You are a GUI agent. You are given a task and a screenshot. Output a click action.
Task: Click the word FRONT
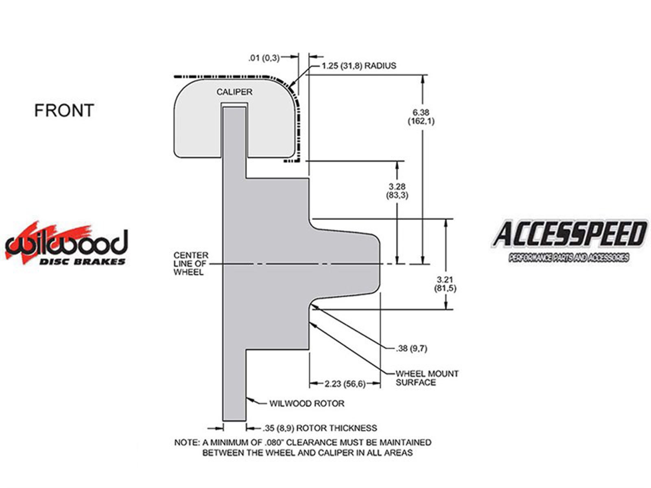64,110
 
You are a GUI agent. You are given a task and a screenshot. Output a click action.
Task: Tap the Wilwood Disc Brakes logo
66,243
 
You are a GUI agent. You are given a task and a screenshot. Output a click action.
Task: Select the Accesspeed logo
569,241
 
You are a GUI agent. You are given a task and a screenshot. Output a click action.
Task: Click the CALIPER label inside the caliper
234,92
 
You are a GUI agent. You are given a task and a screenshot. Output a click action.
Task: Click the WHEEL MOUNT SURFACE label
427,378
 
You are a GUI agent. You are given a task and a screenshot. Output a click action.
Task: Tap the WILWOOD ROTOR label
307,403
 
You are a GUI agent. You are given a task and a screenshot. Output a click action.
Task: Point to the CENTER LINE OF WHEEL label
191,264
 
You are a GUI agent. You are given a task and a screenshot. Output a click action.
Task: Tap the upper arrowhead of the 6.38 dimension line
423,79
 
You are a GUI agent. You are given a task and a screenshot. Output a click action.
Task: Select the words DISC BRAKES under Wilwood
83,261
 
